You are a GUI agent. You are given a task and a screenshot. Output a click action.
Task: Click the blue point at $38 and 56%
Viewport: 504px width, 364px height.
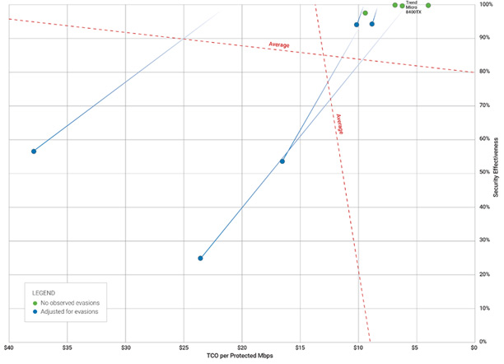(34, 152)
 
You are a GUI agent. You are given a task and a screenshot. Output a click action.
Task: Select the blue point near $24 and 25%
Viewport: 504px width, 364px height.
(200, 259)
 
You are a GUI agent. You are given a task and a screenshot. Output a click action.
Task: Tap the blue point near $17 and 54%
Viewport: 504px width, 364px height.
(282, 161)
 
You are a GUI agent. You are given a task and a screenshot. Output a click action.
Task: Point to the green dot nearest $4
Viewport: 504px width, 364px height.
(428, 5)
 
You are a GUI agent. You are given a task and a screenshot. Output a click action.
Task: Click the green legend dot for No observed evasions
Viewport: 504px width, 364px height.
(35, 304)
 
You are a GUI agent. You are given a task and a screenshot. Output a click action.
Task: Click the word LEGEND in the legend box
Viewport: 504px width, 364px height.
(44, 293)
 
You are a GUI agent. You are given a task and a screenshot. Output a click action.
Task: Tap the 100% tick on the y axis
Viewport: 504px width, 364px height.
(487, 5)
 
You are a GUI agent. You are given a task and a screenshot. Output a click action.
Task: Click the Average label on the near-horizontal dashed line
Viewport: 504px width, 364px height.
(281, 44)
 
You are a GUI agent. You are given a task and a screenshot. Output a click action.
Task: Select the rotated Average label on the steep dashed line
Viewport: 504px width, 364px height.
(338, 124)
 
